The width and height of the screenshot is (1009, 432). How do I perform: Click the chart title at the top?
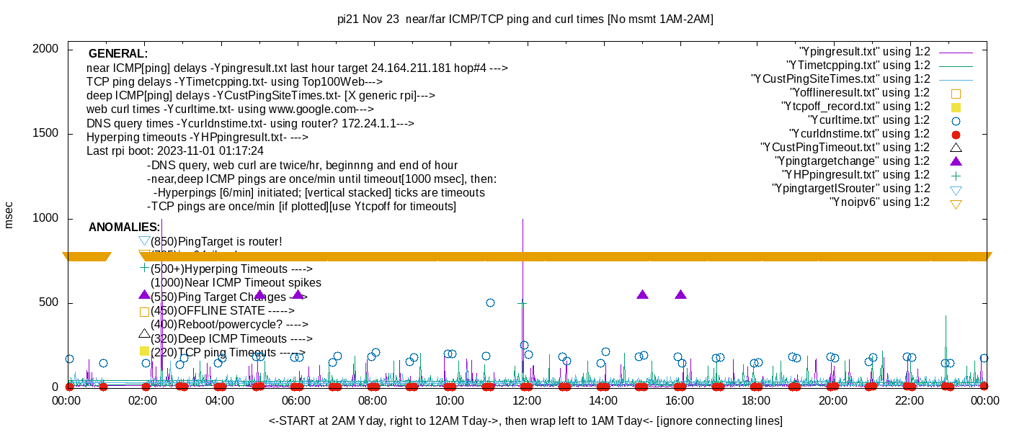pos(504,19)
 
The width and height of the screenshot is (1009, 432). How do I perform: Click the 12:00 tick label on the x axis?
pos(526,401)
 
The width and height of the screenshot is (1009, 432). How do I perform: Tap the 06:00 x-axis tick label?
pos(296,401)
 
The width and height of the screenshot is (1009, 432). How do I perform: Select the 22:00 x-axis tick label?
pos(910,401)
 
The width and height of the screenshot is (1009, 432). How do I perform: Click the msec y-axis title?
pos(9,215)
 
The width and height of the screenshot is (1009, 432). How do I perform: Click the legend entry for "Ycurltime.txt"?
pos(868,120)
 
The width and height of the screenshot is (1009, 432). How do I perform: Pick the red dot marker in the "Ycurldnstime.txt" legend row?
pos(956,134)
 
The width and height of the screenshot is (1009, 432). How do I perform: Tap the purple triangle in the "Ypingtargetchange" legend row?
pos(956,161)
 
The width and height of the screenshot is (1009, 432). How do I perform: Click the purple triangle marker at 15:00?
pos(643,294)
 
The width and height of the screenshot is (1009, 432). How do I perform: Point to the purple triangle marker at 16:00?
pos(681,294)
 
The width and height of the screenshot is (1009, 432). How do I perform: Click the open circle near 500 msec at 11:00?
pos(490,302)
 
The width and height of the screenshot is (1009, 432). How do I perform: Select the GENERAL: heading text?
pos(118,54)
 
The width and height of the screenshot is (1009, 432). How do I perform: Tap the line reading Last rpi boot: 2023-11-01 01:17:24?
pos(175,151)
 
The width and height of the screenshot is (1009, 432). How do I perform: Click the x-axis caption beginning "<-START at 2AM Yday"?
pos(525,420)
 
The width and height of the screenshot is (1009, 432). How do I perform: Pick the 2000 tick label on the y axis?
pos(47,49)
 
